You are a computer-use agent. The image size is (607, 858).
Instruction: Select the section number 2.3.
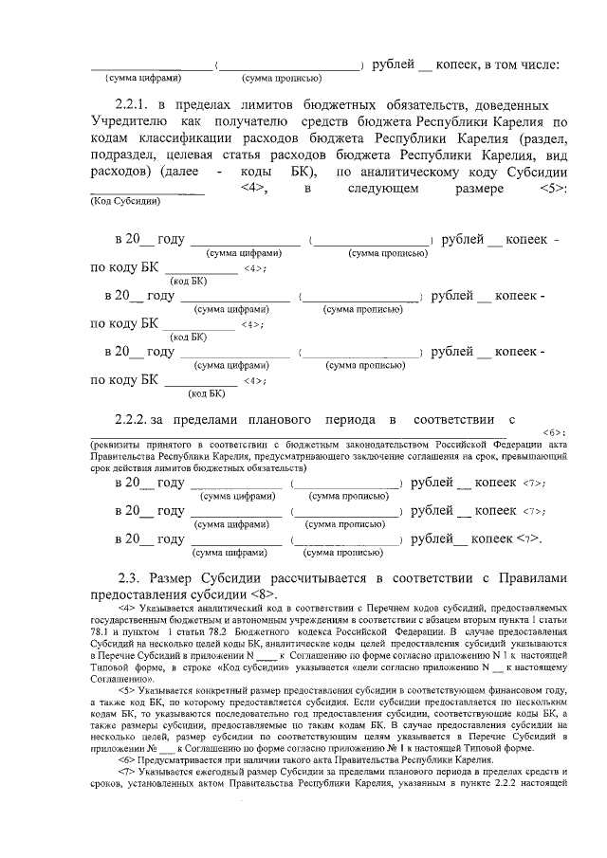click(x=133, y=577)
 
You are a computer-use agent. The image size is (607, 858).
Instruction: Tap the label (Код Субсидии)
click(x=125, y=201)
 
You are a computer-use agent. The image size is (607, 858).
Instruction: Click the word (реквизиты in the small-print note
click(x=118, y=444)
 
